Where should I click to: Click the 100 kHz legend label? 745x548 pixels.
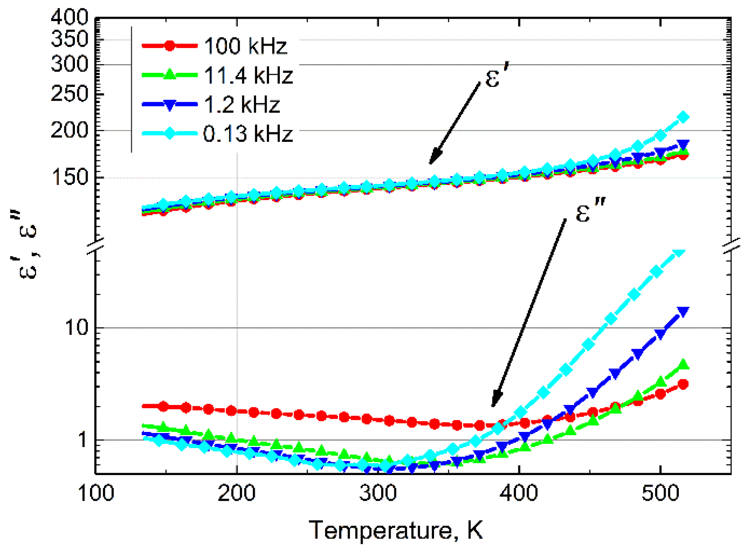pos(245,46)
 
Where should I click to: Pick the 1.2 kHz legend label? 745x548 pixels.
pos(242,105)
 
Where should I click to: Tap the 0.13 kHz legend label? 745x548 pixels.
pos(248,134)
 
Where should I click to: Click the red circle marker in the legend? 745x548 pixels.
pos(170,46)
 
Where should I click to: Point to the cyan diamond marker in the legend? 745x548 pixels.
pos(170,134)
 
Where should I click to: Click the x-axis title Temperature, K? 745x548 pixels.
pos(395,530)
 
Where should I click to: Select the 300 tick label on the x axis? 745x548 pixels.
pos(378,494)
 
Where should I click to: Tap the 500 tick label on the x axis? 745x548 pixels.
pos(660,494)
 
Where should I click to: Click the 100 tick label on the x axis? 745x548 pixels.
pos(96,494)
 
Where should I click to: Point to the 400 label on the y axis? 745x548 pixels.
pos(70,17)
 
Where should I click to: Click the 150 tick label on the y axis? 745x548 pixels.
pos(70,177)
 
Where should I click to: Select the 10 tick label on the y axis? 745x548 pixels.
pos(76,328)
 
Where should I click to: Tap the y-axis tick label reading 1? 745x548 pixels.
pos(82,440)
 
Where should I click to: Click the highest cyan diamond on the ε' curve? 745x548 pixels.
pos(683,117)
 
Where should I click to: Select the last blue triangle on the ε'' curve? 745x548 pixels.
pos(683,312)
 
